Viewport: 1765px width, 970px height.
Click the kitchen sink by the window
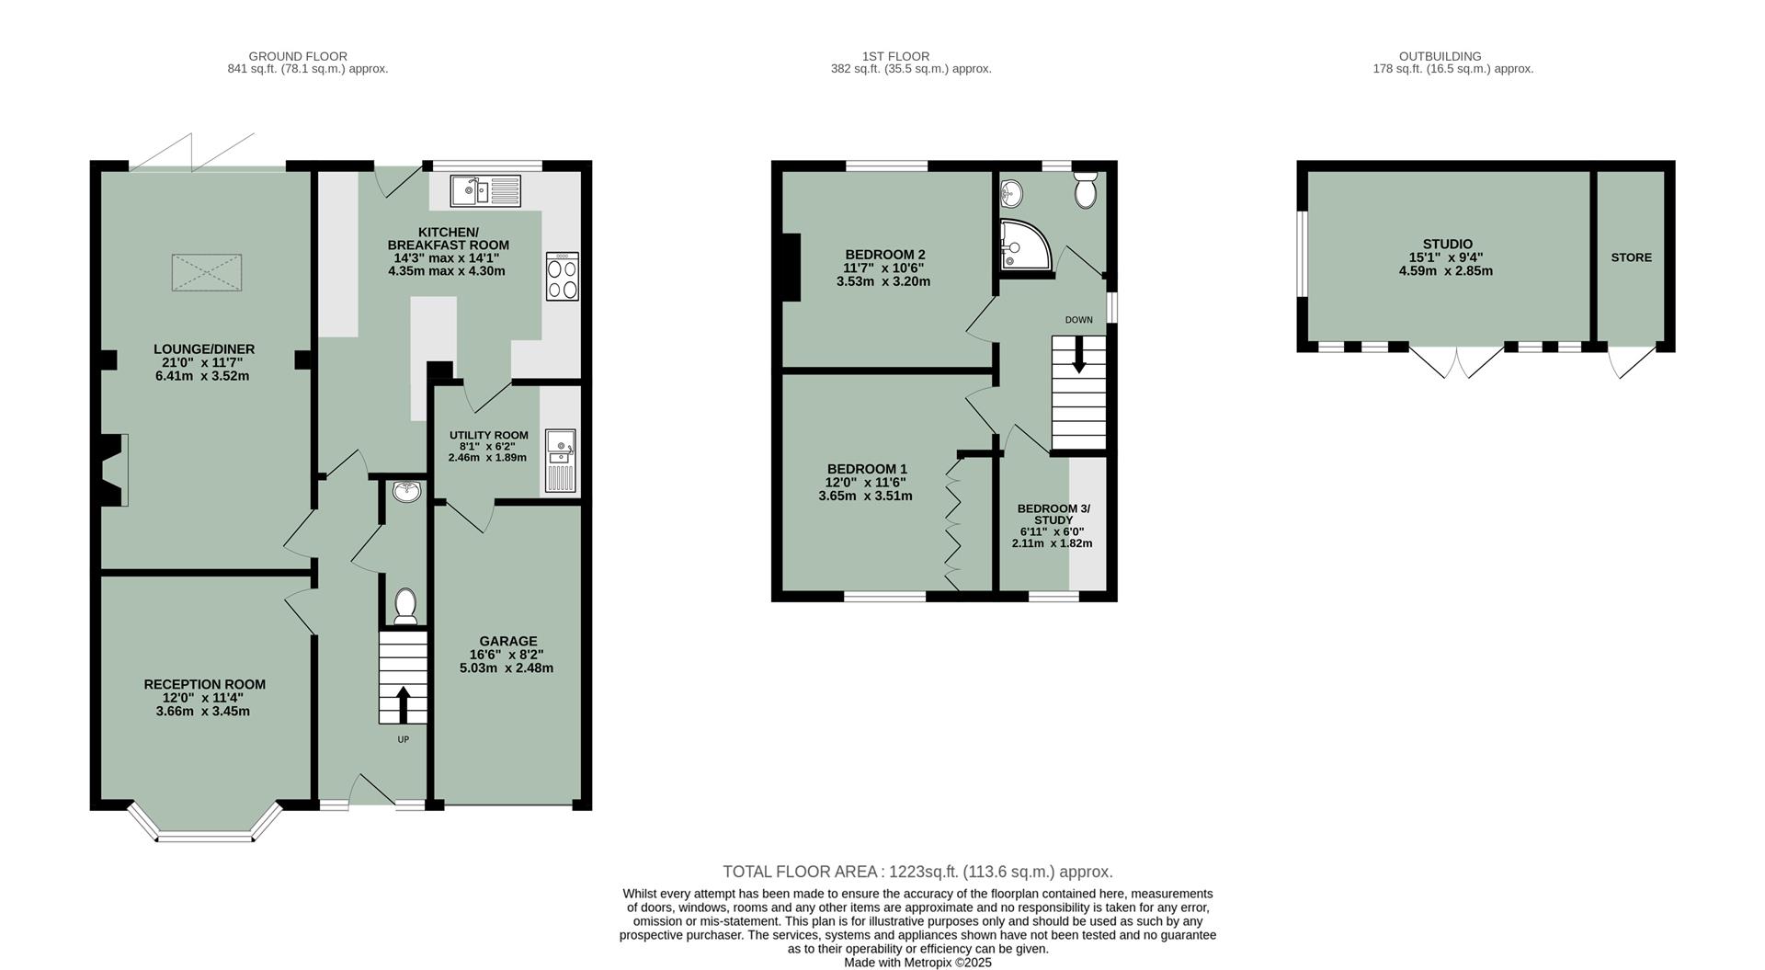pyautogui.click(x=484, y=191)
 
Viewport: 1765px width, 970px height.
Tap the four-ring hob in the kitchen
pyautogui.click(x=563, y=277)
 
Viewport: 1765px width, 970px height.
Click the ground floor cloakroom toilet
pyautogui.click(x=404, y=607)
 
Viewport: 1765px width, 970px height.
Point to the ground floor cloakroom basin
pyautogui.click(x=406, y=492)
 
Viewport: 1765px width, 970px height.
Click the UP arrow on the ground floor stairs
pyautogui.click(x=403, y=704)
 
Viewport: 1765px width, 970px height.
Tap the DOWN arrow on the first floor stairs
pyautogui.click(x=1078, y=354)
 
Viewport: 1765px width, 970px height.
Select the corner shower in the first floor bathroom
pyautogui.click(x=1022, y=245)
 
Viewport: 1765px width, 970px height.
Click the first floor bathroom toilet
pyautogui.click(x=1086, y=190)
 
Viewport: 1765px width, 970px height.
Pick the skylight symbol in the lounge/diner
pyautogui.click(x=207, y=273)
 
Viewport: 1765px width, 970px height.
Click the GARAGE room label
pyautogui.click(x=507, y=641)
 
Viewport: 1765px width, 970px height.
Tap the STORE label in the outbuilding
pyautogui.click(x=1631, y=257)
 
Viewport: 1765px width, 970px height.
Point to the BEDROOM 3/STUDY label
pyautogui.click(x=1053, y=514)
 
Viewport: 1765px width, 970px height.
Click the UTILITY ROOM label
pyautogui.click(x=488, y=435)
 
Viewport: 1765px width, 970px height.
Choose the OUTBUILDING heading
pyautogui.click(x=1452, y=56)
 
